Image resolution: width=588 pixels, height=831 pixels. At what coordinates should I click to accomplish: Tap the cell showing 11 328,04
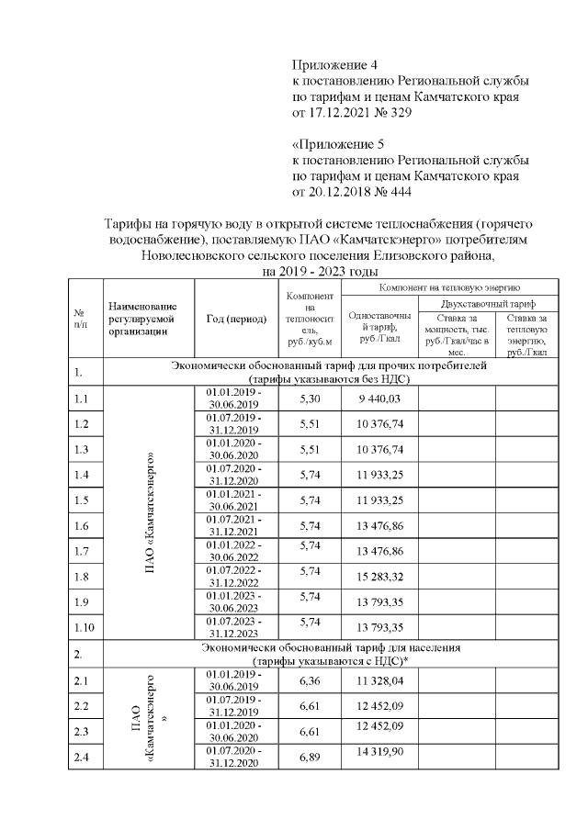pos(374,680)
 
